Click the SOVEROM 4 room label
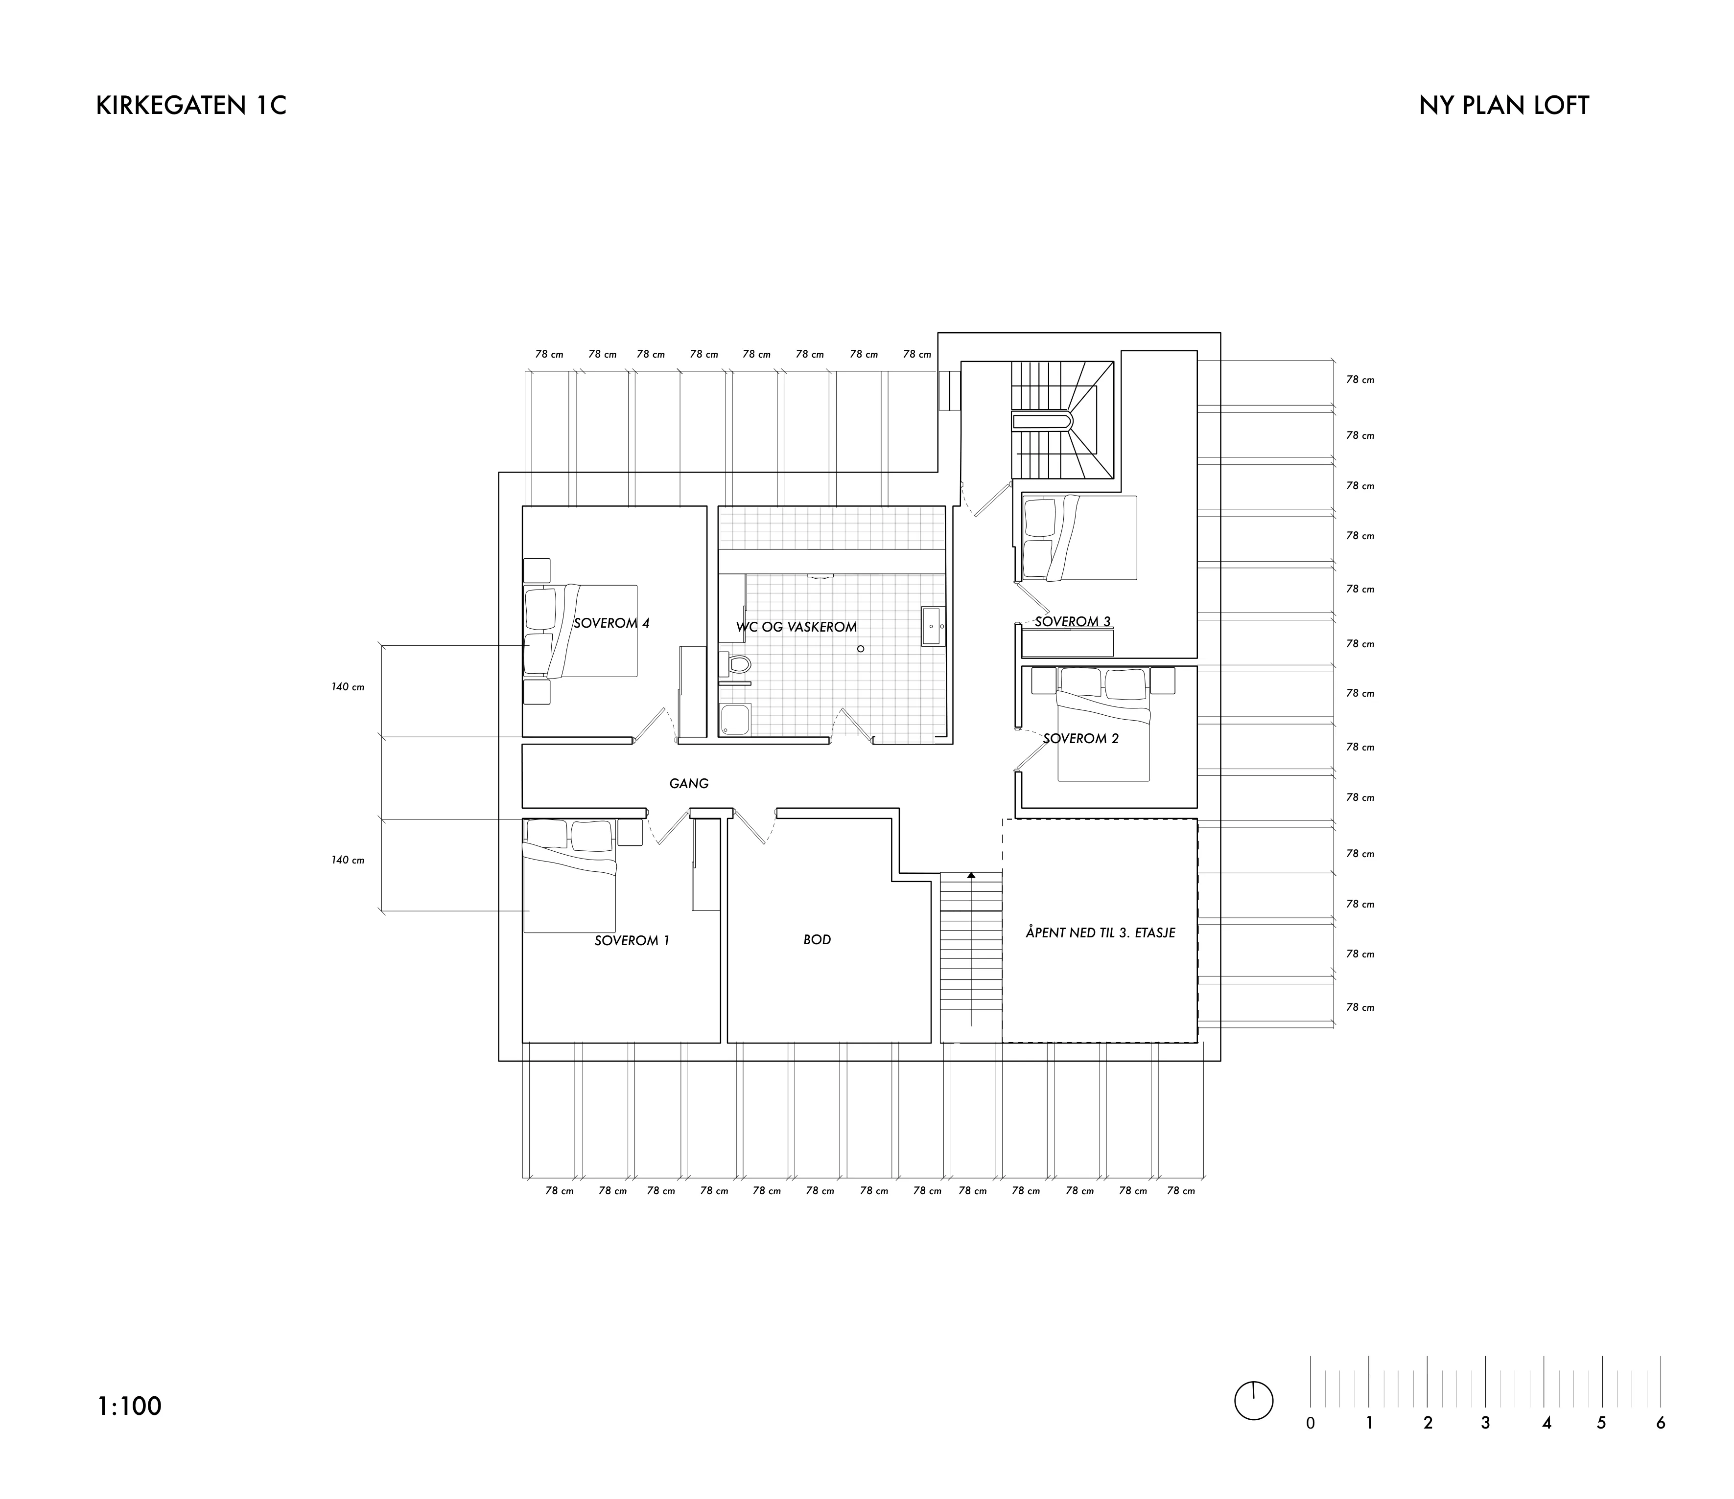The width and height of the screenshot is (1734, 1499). tap(612, 623)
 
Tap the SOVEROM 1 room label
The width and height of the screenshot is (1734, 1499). tap(632, 940)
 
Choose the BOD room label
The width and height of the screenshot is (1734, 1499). tap(817, 939)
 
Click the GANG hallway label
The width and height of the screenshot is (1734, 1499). tap(689, 784)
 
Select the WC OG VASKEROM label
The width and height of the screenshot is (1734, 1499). tap(797, 627)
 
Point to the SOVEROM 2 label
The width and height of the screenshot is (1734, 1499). tap(1080, 739)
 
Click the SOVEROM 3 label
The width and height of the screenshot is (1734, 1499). tap(1073, 621)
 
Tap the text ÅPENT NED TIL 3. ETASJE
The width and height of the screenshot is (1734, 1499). tap(1101, 932)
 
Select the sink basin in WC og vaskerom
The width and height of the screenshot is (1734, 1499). tap(932, 626)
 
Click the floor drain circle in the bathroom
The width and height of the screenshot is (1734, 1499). tap(860, 649)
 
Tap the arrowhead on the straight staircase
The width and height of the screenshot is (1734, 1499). tap(971, 875)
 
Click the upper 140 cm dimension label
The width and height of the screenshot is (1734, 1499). tap(347, 687)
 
